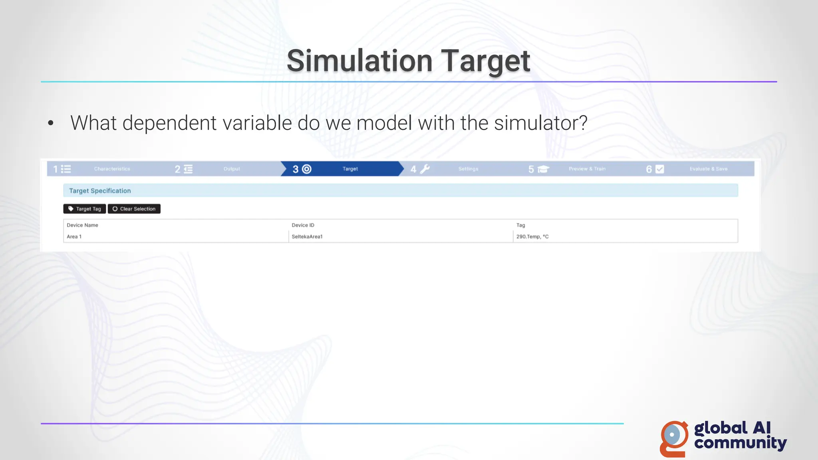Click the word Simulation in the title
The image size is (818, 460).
point(359,61)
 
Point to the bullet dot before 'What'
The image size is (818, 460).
point(51,123)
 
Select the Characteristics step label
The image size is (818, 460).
point(112,169)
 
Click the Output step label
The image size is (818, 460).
point(232,169)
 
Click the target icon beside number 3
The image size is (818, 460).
point(307,169)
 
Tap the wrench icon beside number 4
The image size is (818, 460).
point(425,169)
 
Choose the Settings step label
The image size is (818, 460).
point(468,169)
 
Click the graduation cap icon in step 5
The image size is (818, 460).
point(543,169)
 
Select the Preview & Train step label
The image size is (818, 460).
point(587,169)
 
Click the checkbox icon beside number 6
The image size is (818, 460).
point(660,169)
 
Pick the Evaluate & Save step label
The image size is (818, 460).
point(709,169)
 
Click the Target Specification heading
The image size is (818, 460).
point(100,191)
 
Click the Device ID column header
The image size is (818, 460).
point(303,225)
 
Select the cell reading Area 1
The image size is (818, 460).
point(74,237)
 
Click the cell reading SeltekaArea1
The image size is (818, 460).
point(307,237)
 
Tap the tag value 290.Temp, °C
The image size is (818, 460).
point(532,237)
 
